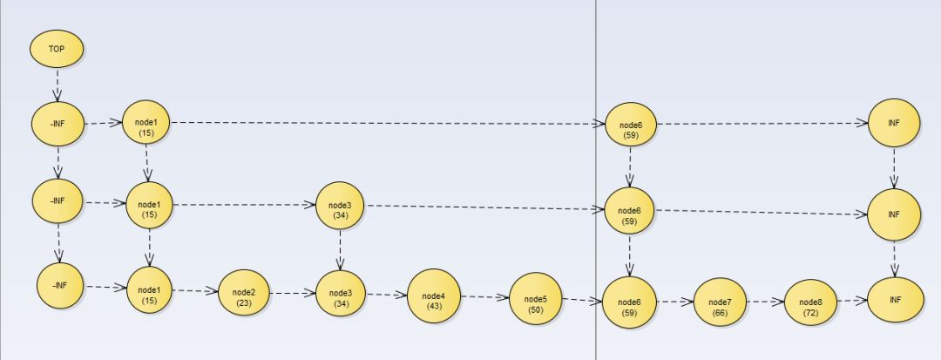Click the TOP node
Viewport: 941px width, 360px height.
click(x=57, y=49)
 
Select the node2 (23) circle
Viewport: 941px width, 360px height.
click(x=244, y=295)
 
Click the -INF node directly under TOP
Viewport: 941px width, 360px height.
click(x=58, y=124)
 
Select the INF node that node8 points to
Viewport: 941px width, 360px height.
click(x=894, y=300)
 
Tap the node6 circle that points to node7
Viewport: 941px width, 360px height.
click(x=629, y=302)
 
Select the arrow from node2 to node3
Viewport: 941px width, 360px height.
click(x=293, y=294)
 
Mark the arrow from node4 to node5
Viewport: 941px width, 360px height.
click(x=484, y=297)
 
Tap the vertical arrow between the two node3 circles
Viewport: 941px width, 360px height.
click(x=340, y=249)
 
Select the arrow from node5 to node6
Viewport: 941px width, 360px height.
click(x=582, y=301)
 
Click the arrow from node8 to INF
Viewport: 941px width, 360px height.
click(x=852, y=301)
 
